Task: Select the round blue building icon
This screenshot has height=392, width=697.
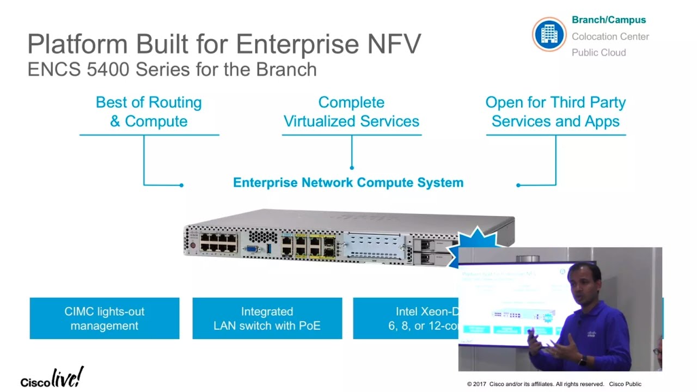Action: click(549, 34)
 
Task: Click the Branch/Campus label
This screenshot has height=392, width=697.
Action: click(608, 20)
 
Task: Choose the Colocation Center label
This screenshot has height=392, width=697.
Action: click(610, 36)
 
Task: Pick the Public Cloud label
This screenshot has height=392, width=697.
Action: click(598, 53)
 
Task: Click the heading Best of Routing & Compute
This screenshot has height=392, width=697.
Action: click(149, 112)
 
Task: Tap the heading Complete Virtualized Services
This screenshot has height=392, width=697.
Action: click(351, 112)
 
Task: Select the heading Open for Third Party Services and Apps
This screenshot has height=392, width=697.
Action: click(555, 112)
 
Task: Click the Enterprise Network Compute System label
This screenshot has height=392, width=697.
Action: click(348, 183)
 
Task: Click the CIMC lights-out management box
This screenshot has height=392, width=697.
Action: click(105, 318)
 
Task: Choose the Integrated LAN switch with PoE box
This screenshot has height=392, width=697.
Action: click(267, 318)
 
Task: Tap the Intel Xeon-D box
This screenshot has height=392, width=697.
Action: click(406, 318)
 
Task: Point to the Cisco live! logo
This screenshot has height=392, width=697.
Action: click(52, 377)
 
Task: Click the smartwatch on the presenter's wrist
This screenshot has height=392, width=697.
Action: click(583, 360)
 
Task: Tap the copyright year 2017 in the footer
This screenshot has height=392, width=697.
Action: click(479, 384)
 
